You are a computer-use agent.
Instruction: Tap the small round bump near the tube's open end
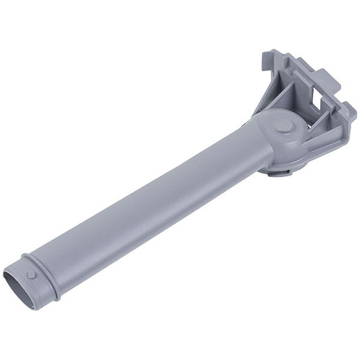[x=32, y=276]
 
